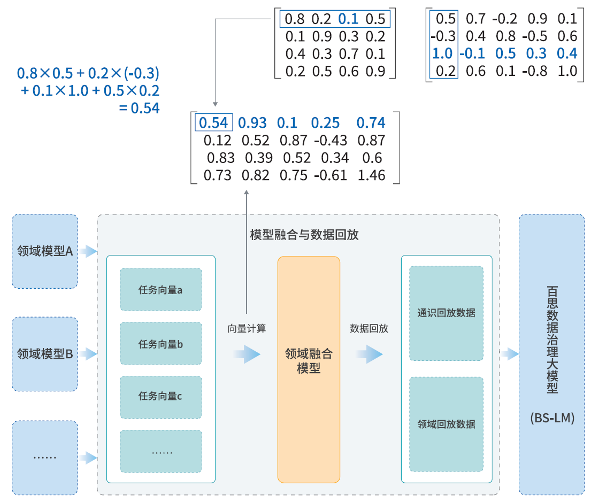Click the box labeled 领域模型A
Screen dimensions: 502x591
(x=45, y=251)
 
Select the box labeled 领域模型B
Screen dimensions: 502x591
(x=45, y=354)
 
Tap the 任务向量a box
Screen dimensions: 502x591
(x=160, y=290)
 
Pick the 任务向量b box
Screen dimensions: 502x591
(x=160, y=344)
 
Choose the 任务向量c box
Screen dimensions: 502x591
(x=160, y=397)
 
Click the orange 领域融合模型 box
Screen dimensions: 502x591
(x=309, y=369)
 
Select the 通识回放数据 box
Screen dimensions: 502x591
(x=446, y=313)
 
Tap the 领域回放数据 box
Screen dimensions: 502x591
(x=446, y=424)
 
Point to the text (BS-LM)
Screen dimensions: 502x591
(x=552, y=418)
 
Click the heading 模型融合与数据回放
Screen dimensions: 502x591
(x=304, y=235)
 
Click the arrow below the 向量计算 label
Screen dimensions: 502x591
(x=247, y=354)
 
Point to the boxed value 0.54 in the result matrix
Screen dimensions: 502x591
(x=213, y=123)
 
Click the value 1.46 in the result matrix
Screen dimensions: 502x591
(x=371, y=175)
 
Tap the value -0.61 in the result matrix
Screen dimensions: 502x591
(x=330, y=175)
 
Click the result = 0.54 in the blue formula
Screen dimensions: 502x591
(x=139, y=108)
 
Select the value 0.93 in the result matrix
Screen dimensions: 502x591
(x=252, y=123)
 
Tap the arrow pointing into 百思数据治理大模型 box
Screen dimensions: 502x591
(x=510, y=354)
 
